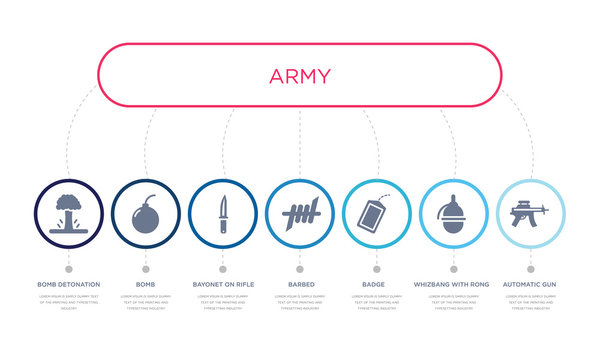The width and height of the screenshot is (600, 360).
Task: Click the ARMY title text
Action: pos(299,76)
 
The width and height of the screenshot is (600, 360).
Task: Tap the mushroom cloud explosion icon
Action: pos(68,213)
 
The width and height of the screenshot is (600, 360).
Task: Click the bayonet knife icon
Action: pos(222,213)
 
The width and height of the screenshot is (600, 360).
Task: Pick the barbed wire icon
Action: pos(299,213)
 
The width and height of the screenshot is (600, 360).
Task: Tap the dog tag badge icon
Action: pos(376,214)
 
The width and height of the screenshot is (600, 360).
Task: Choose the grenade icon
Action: pos(453,213)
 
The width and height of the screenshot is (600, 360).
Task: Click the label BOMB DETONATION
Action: pos(68,285)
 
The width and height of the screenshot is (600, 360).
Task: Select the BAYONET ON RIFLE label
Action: pos(222,285)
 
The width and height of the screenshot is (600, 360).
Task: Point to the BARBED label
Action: pos(299,285)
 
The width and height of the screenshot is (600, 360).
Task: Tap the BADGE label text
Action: pos(376,285)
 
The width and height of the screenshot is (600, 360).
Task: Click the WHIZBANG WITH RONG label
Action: pos(452,285)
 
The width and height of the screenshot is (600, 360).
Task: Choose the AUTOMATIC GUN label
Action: pos(530,285)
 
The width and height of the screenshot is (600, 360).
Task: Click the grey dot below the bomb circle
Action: pos(145,268)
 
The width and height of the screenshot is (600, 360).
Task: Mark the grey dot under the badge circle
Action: pos(376,268)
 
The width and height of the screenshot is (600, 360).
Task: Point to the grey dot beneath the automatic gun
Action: pos(530,268)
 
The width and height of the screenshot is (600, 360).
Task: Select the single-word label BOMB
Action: pos(145,285)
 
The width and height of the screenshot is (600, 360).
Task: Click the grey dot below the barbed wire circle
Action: pos(299,268)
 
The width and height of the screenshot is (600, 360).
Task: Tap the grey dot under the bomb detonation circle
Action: pos(68,268)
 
